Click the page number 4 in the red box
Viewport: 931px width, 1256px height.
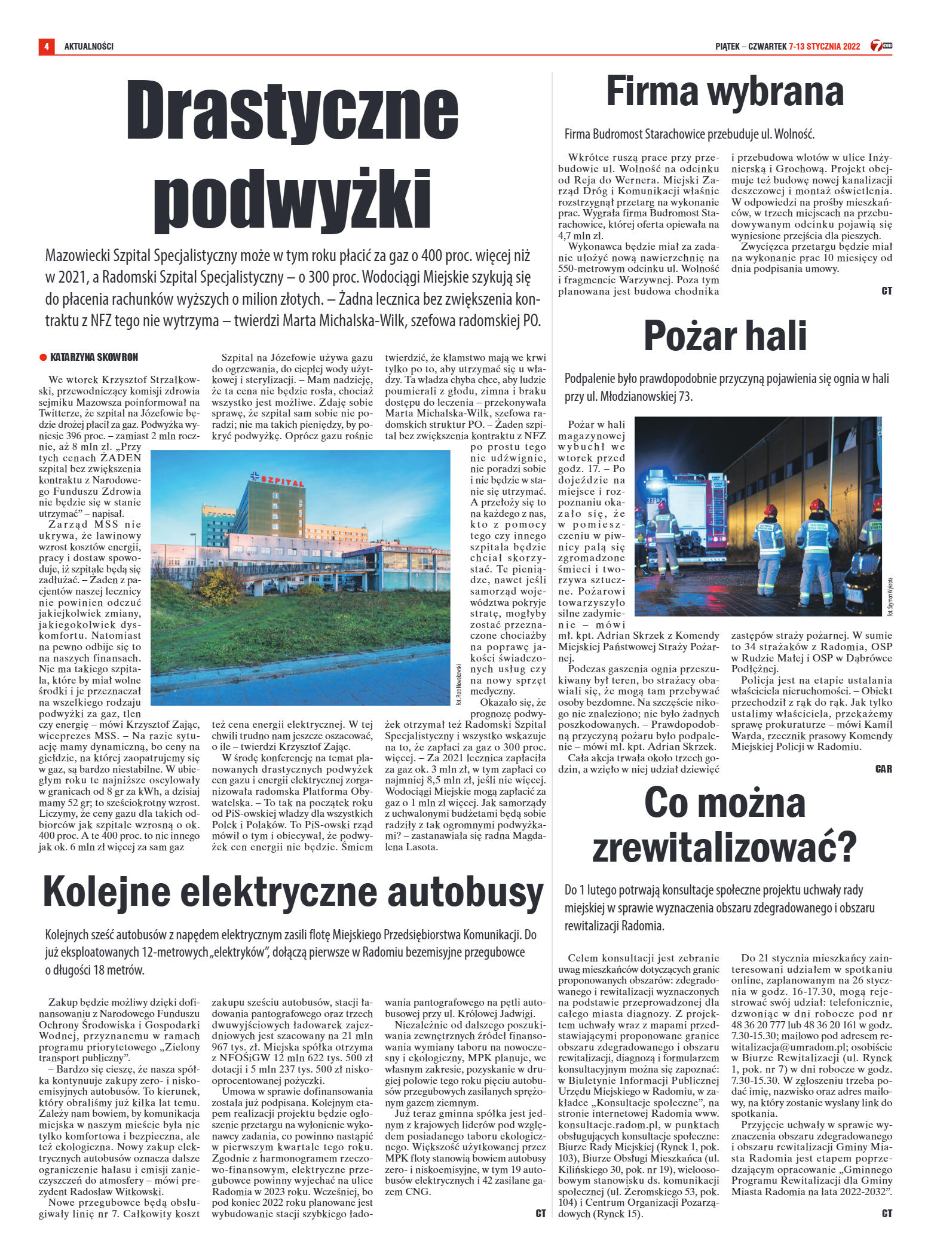(x=46, y=46)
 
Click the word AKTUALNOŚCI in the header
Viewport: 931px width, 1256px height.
(x=88, y=46)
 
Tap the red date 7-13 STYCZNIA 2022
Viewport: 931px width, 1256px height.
(x=824, y=46)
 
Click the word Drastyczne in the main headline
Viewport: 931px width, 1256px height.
(x=293, y=110)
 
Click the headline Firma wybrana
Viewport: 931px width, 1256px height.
(x=725, y=92)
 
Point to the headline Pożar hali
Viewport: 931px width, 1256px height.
(x=725, y=336)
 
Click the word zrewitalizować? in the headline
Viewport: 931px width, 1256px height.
(x=725, y=847)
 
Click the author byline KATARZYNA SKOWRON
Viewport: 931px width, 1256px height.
(x=94, y=357)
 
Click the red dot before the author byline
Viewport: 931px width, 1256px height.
(x=43, y=357)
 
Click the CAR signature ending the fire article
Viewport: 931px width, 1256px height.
(x=883, y=769)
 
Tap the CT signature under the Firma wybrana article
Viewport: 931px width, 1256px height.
(x=886, y=291)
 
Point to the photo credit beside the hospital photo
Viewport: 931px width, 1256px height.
(x=458, y=684)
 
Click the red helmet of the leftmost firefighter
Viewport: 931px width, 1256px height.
(x=661, y=505)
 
